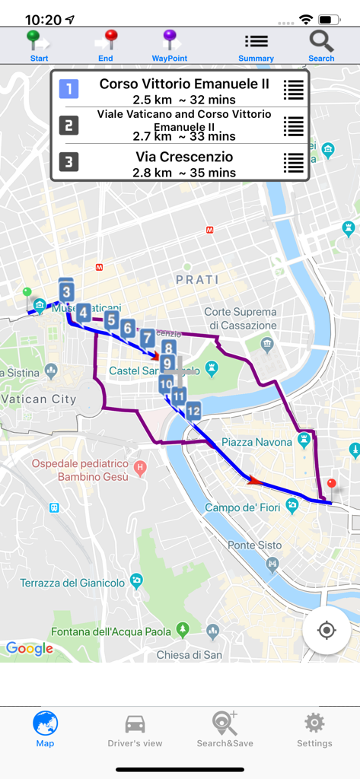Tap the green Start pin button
[38, 46]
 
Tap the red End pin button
[106, 46]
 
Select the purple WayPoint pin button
[170, 46]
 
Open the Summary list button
[256, 46]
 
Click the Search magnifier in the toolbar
[321, 46]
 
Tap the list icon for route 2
[293, 126]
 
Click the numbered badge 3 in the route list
[68, 161]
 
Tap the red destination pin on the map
[330, 485]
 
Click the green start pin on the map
[27, 292]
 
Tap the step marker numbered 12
[193, 412]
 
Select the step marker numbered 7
[147, 339]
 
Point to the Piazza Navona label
[256, 442]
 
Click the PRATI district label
[197, 279]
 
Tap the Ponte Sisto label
[254, 545]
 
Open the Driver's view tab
[135, 730]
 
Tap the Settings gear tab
[314, 730]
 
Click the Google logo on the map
[30, 648]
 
